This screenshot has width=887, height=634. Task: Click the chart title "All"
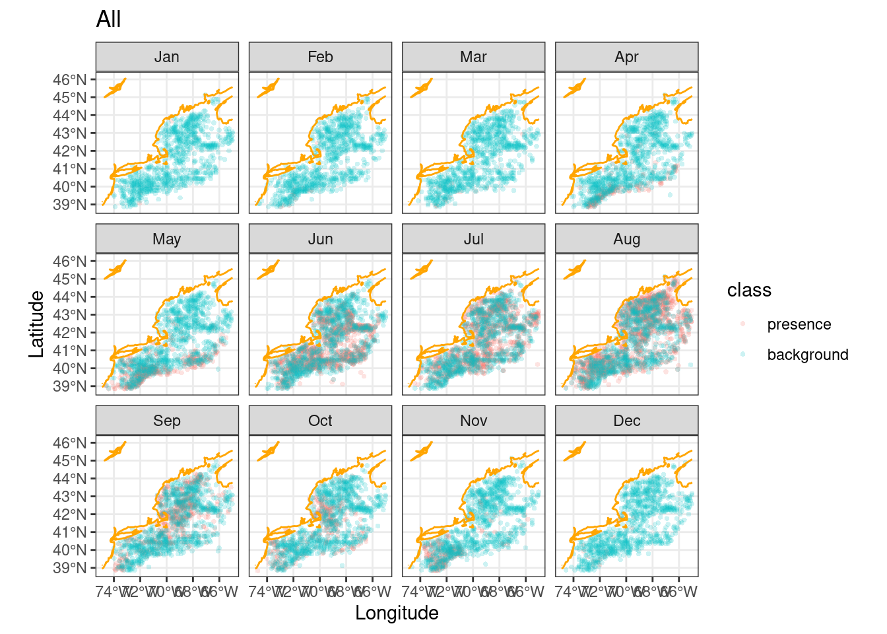108,19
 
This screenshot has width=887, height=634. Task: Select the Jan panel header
167,57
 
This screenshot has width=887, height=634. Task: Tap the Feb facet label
320,57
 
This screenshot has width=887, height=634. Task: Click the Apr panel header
626,57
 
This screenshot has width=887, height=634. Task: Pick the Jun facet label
320,239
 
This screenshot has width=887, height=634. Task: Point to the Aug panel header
626,239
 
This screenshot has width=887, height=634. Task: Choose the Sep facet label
167,421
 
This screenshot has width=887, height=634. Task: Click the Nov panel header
473,421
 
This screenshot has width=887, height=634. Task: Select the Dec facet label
626,421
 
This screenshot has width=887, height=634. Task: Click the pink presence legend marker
743,324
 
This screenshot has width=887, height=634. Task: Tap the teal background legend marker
743,355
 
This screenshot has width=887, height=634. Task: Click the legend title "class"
749,291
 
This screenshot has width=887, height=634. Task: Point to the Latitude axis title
37,324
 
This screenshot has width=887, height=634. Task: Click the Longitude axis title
397,613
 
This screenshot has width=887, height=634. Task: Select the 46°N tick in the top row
70,80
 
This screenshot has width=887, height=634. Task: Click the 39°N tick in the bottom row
70,568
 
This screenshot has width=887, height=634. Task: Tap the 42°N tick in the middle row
70,333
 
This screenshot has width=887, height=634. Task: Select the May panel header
167,239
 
